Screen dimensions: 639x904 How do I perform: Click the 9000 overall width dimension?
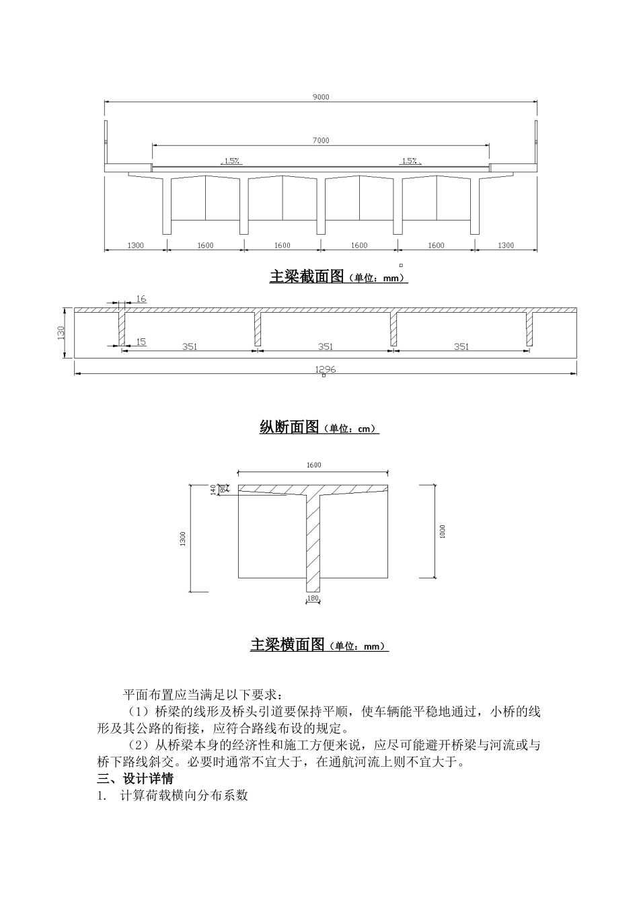click(321, 97)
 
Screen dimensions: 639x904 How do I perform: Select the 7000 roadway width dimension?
click(321, 140)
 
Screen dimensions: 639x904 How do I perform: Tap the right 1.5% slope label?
click(410, 161)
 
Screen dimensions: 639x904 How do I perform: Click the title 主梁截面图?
click(307, 276)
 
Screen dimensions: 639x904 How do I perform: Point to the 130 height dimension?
click(61, 332)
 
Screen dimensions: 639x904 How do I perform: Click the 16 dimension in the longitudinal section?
click(141, 298)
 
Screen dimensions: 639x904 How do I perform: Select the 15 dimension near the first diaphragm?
click(141, 342)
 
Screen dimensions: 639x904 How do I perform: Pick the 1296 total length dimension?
click(326, 369)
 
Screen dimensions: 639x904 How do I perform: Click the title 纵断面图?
click(289, 427)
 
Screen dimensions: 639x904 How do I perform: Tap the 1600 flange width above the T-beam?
click(313, 465)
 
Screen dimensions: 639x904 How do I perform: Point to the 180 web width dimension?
click(313, 598)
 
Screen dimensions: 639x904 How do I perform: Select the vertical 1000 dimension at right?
click(442, 531)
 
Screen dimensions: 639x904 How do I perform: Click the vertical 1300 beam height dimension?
click(183, 539)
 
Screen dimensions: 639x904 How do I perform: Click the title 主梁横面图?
click(288, 645)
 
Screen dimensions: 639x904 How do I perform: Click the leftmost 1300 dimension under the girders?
click(135, 246)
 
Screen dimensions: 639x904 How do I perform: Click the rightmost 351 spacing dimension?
click(461, 346)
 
